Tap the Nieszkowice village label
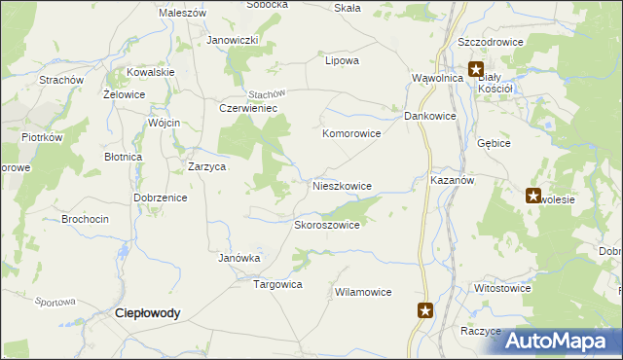[342, 185]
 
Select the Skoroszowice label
[327, 225]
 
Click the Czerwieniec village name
[249, 109]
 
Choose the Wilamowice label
[362, 292]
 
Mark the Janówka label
[238, 258]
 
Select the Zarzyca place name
[207, 166]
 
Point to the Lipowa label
[342, 60]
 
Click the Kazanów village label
[451, 182]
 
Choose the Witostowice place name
[501, 289]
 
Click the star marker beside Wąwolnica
[476, 69]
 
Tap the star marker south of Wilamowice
[425, 311]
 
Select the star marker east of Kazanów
[533, 196]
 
